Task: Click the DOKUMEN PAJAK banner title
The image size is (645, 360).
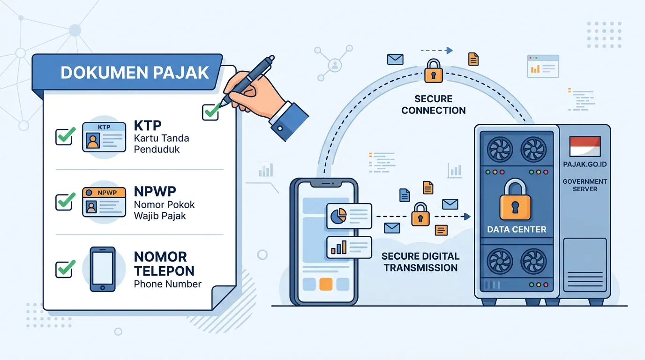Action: [135, 73]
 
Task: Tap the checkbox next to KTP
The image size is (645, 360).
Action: [64, 137]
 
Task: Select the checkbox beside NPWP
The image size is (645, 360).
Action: [64, 202]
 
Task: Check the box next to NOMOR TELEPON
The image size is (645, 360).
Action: [64, 269]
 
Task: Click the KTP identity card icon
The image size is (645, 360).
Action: [104, 137]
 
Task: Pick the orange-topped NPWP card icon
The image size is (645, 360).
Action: [104, 202]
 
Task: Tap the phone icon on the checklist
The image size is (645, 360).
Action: [103, 269]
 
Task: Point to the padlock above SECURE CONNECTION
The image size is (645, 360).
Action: [433, 71]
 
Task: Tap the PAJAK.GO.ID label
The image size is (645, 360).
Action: [585, 165]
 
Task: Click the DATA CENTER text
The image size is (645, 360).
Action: [517, 230]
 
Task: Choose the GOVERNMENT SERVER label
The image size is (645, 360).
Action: [585, 185]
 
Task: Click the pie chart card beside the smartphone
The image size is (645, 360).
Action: [349, 216]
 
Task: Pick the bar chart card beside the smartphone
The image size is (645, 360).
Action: [349, 247]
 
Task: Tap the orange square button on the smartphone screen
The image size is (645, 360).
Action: [326, 284]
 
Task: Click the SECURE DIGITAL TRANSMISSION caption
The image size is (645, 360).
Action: [420, 262]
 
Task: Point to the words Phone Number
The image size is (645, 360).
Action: [168, 284]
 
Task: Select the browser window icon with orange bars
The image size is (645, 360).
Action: [543, 67]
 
